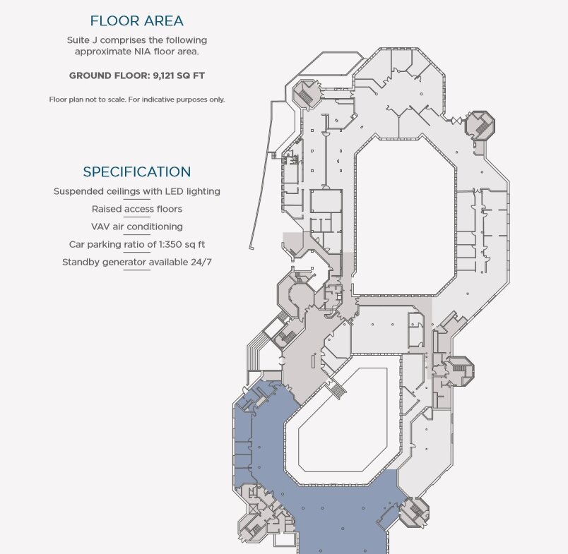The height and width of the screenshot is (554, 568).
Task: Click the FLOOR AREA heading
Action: tap(136, 20)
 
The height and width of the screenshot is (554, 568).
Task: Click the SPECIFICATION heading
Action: tap(136, 171)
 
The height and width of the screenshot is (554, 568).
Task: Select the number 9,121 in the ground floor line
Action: tap(163, 76)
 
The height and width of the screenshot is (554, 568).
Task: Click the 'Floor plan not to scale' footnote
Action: tap(137, 99)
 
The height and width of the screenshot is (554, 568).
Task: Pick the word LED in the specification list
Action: tap(174, 191)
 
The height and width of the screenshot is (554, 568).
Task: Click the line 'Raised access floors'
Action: tap(137, 209)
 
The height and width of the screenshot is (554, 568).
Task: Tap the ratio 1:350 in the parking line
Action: tap(171, 244)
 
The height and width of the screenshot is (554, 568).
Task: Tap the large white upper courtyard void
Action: tap(404, 217)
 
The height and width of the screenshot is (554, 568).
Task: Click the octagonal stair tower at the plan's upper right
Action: tap(480, 126)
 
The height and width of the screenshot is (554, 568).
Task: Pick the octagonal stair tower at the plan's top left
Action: tap(307, 93)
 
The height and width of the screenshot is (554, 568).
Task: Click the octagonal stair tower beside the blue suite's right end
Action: tap(415, 512)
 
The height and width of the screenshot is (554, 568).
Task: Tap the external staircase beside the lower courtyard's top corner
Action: tap(336, 388)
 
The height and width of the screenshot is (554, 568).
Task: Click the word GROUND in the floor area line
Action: tap(90, 76)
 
